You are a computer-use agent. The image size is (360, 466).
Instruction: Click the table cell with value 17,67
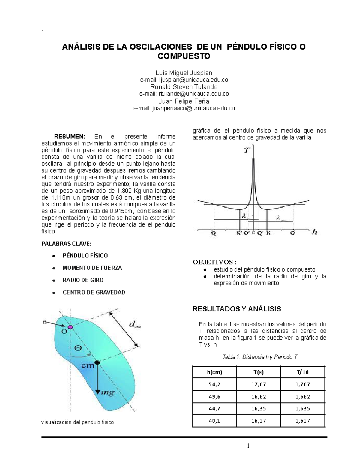[x=259, y=384]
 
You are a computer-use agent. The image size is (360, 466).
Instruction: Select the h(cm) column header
[x=214, y=372]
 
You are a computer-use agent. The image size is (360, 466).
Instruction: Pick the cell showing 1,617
[x=303, y=421]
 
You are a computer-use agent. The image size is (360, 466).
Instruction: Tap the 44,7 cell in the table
[x=214, y=409]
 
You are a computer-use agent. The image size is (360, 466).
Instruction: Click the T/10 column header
[x=303, y=372]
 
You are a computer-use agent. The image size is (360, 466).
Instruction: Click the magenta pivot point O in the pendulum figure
[x=70, y=327]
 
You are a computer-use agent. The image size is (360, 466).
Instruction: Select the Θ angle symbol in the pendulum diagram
[x=78, y=348]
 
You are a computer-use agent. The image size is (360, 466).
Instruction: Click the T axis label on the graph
[x=247, y=150]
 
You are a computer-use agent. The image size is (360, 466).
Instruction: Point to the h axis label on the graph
[x=314, y=232]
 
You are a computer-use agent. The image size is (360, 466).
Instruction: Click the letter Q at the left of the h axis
[x=213, y=233]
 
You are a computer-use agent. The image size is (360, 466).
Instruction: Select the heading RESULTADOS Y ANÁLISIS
[x=237, y=309]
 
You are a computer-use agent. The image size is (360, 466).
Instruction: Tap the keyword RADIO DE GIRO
[x=83, y=280]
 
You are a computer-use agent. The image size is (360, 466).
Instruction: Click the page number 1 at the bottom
[x=248, y=446]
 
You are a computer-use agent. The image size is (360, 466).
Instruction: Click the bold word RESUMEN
[x=72, y=137]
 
